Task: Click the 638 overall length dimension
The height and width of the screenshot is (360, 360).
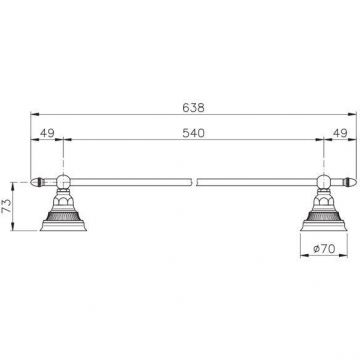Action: coord(193,108)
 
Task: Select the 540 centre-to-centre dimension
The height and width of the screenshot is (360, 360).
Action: coord(193,133)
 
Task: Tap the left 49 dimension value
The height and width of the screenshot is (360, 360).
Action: coord(47,133)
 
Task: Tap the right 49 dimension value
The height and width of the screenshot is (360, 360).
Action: coord(340,133)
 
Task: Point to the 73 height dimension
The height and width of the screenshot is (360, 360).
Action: coord(7,206)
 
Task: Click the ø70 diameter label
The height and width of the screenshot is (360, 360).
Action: coord(324,248)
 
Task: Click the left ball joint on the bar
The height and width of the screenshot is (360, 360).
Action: coord(63,182)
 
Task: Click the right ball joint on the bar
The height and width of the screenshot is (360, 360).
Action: coord(324,182)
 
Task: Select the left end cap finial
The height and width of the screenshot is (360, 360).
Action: coord(37,182)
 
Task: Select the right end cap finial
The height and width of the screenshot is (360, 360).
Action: coord(349,182)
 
